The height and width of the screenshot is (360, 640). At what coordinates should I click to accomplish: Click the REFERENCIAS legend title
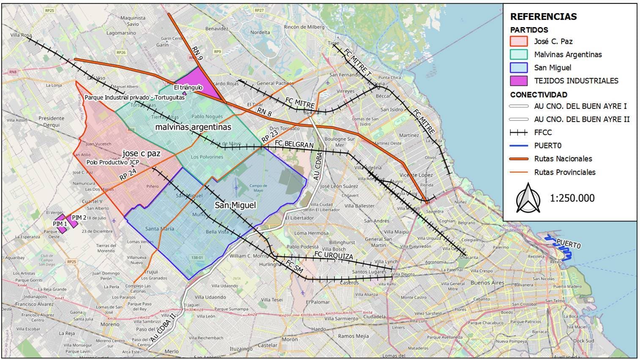(x=543, y=16)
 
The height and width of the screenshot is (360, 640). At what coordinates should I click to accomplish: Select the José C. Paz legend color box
(x=519, y=41)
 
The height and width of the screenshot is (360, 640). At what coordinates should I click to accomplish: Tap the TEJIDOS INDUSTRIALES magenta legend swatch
(x=519, y=81)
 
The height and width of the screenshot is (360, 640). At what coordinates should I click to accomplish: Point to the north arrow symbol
(x=528, y=198)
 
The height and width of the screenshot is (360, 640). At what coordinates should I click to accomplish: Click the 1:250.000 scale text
(x=572, y=198)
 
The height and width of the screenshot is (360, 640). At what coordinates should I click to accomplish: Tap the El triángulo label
(x=188, y=87)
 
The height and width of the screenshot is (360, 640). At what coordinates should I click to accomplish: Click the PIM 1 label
(x=60, y=224)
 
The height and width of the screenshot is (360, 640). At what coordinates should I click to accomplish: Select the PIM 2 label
(x=79, y=218)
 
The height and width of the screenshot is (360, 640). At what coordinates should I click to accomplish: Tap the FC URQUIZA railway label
(x=333, y=256)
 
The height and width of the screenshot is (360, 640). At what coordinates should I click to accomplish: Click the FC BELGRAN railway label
(x=294, y=144)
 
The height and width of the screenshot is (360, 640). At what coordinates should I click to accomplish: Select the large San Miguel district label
(x=235, y=205)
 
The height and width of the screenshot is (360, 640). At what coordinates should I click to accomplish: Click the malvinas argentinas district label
(x=193, y=127)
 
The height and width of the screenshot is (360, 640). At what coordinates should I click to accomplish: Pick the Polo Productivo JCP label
(x=112, y=162)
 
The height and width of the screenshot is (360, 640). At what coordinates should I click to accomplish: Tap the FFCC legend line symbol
(x=519, y=133)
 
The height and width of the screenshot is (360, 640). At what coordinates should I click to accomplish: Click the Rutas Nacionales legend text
(x=563, y=159)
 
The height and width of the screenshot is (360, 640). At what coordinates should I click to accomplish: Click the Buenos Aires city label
(x=487, y=283)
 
